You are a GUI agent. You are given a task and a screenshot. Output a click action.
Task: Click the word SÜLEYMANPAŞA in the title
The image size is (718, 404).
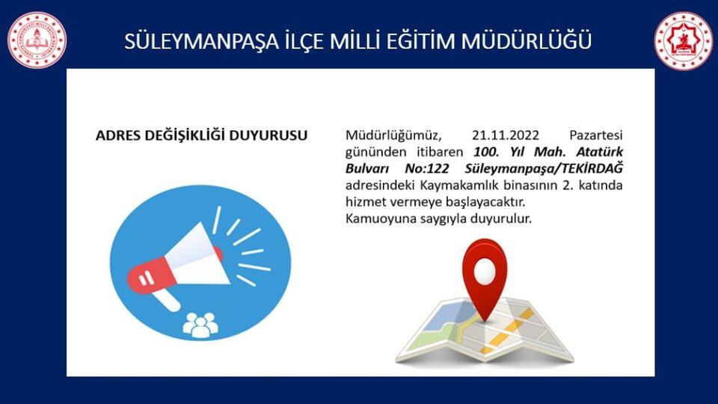click(201, 40)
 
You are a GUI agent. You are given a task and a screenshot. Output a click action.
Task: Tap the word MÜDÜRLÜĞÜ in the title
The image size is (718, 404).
click(526, 40)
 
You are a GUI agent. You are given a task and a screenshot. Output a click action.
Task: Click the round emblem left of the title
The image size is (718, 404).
click(37, 40)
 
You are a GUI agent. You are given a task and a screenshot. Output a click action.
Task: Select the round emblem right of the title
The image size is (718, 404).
click(683, 40)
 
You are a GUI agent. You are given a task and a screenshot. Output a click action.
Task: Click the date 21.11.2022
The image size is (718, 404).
click(506, 135)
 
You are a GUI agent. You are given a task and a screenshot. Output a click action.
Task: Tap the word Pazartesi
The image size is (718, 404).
click(596, 135)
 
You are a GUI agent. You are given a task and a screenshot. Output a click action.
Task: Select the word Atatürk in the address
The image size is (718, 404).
click(599, 152)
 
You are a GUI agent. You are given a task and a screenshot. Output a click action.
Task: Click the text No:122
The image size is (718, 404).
click(427, 168)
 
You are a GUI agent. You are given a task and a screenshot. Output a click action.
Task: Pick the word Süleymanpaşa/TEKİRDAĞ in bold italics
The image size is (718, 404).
click(544, 169)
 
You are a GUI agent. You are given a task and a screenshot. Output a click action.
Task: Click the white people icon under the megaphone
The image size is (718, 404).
click(200, 325)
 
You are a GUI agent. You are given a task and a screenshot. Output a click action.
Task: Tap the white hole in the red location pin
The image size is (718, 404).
click(485, 270)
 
